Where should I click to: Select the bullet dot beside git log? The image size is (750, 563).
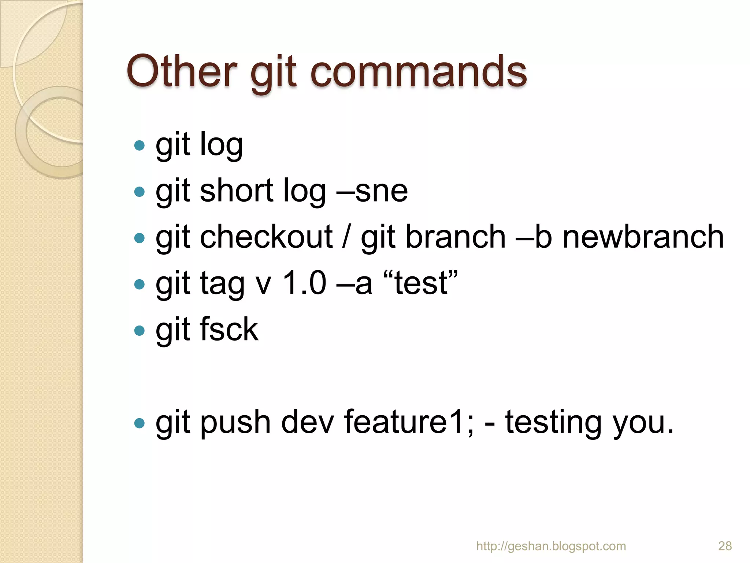(139, 146)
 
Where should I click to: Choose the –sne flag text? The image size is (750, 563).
(372, 191)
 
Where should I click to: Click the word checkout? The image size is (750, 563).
(266, 237)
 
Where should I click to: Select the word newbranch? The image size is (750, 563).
(643, 237)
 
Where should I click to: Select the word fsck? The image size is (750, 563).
(229, 330)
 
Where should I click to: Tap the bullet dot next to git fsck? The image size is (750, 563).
(139, 331)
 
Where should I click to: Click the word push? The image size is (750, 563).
(235, 422)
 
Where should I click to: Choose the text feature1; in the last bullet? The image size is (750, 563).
(409, 422)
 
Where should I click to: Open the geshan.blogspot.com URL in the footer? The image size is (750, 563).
(551, 546)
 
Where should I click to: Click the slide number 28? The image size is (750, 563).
(725, 546)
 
